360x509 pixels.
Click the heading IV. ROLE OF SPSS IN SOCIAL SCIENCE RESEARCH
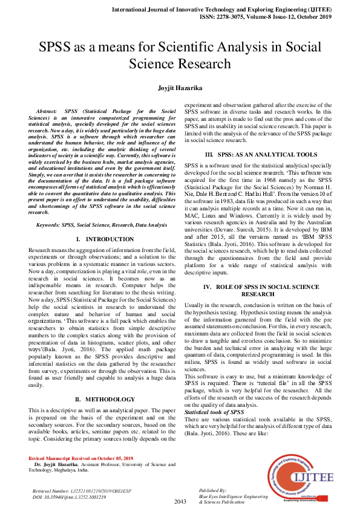[270, 290]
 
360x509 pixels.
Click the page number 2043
[180, 502]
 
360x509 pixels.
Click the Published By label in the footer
[212, 490]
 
